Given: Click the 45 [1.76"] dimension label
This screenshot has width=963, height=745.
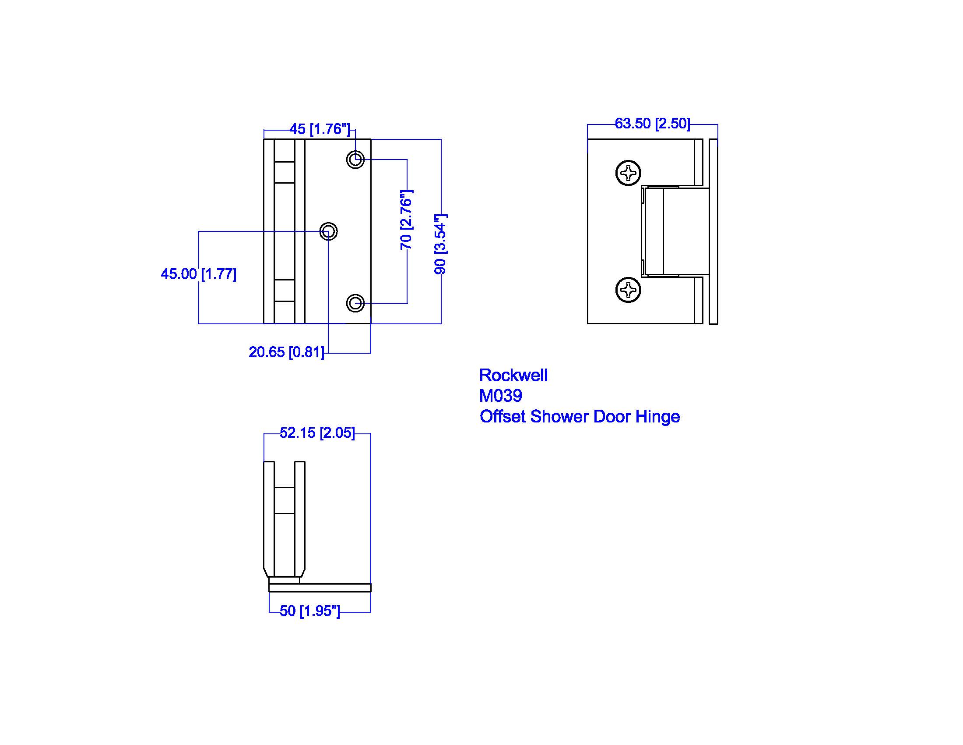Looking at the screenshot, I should pyautogui.click(x=320, y=129).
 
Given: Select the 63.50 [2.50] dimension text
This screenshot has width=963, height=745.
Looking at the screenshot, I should pyautogui.click(x=652, y=124).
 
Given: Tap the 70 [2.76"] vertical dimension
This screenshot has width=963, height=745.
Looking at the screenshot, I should pyautogui.click(x=406, y=220).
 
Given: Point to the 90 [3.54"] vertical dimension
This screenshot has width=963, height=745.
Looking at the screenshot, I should pyautogui.click(x=440, y=244).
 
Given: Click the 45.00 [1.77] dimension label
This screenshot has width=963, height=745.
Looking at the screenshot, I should pyautogui.click(x=198, y=274).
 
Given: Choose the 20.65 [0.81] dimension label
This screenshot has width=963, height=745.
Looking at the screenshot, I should pyautogui.click(x=286, y=352).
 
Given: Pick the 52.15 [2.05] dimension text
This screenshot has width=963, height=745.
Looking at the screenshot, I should pyautogui.click(x=317, y=433).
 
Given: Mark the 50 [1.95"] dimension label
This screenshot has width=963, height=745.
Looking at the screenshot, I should pyautogui.click(x=309, y=611).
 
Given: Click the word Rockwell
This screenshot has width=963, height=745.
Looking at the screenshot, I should pyautogui.click(x=513, y=376).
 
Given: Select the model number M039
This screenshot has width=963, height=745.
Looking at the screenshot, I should pyautogui.click(x=500, y=396).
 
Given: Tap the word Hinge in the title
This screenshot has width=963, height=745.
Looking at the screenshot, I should pyautogui.click(x=657, y=417).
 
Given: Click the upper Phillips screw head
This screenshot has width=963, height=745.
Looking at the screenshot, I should pyautogui.click(x=628, y=173).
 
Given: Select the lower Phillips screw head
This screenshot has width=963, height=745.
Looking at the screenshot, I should pyautogui.click(x=628, y=290).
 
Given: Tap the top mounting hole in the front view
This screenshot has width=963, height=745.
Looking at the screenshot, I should pyautogui.click(x=355, y=160).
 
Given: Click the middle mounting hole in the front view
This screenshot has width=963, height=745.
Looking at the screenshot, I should pyautogui.click(x=328, y=231).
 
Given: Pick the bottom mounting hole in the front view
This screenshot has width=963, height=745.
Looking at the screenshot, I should pyautogui.click(x=355, y=303).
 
